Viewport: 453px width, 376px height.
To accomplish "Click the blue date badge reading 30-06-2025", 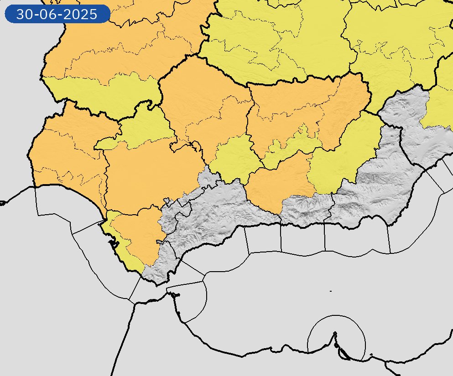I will click(x=57, y=14).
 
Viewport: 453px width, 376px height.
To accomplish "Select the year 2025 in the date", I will click(x=81, y=15).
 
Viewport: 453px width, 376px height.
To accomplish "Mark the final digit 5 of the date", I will click(x=94, y=15).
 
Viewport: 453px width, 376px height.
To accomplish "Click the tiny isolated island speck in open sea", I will click(x=330, y=291).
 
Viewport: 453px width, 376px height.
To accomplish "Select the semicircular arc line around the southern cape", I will click(x=336, y=316).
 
